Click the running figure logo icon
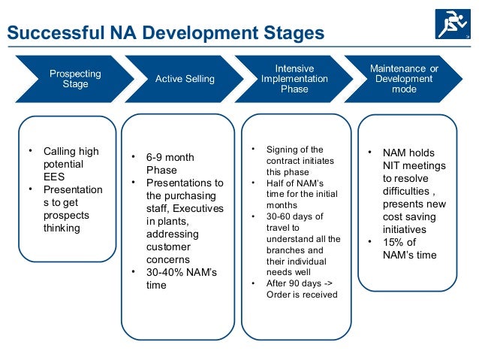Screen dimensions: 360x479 point(451,23)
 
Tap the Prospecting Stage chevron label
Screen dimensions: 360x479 point(74,79)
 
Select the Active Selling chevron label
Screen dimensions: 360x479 point(184,79)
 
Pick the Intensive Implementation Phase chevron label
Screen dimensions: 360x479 point(294,79)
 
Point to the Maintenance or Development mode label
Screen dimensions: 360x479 point(404,79)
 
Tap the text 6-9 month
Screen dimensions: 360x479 point(170,157)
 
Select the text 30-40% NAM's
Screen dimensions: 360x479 point(179,272)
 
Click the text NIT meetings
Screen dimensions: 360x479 point(414,165)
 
